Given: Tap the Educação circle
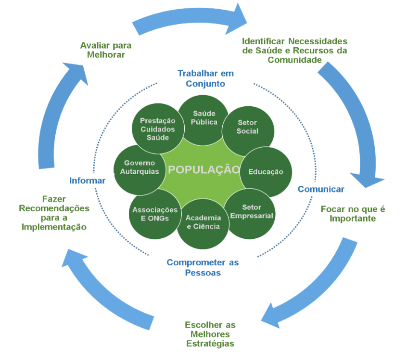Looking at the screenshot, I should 265,172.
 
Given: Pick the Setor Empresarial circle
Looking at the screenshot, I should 251,212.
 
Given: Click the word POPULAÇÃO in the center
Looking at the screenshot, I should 203,169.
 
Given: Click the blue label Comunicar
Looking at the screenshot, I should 321,189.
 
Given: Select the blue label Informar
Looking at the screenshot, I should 87,181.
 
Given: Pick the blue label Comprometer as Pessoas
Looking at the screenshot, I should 203,268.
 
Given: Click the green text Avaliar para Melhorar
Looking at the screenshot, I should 106,50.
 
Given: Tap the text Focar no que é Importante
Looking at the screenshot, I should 353,214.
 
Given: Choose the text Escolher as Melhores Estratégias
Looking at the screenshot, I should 210,334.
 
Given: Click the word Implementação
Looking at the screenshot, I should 54,227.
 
